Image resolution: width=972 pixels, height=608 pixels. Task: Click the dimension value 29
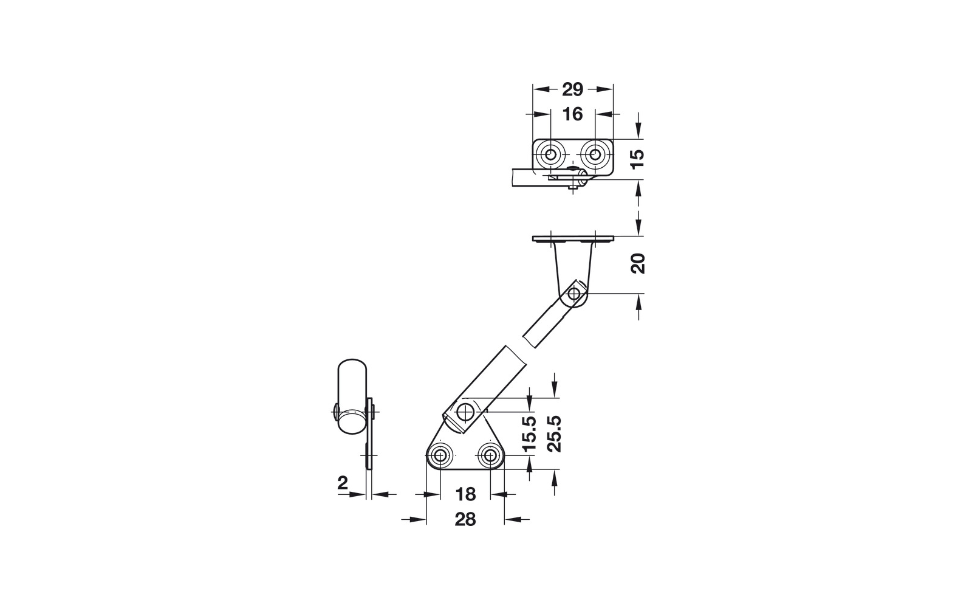coord(572,89)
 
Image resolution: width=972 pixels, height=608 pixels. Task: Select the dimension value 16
coord(572,115)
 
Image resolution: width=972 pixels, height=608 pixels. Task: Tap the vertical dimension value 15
coord(637,159)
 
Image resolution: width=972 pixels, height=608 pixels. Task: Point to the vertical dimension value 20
coord(637,263)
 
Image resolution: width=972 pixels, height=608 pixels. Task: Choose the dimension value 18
coord(465,494)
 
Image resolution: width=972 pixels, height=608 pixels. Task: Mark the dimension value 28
coord(465,519)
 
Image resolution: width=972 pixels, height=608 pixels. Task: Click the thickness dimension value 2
coord(343,483)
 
